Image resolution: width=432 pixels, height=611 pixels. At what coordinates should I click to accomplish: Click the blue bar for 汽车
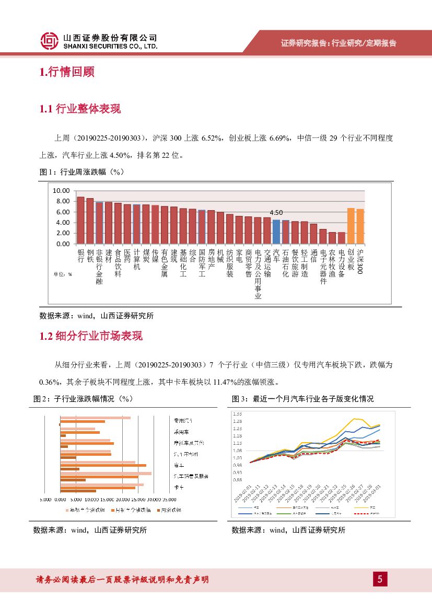tap(276, 232)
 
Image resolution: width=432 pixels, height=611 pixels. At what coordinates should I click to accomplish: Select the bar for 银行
tap(80, 220)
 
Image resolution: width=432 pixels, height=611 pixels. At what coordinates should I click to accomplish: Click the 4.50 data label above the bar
tap(276, 213)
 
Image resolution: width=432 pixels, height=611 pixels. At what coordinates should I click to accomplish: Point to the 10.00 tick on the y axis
tap(62, 190)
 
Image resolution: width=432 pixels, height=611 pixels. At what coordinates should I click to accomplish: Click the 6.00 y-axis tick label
tap(63, 212)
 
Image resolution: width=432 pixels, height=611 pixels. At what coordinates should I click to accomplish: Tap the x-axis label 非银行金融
tap(99, 266)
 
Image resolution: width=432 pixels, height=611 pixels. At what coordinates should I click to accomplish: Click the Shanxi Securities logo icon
tap(49, 41)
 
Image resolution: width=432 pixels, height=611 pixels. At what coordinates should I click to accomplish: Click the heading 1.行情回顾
tap(67, 72)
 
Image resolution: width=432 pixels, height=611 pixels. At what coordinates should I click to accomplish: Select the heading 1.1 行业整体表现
tap(80, 109)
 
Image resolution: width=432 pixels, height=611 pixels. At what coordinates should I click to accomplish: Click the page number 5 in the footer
tap(380, 579)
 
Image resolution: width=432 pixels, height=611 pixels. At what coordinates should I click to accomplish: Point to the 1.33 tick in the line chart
tap(238, 414)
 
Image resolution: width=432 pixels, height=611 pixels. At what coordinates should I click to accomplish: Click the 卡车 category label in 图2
tap(178, 487)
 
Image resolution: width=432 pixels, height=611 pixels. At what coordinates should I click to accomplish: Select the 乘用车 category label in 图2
tap(181, 432)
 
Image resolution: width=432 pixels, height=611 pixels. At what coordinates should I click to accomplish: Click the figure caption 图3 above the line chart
tap(302, 399)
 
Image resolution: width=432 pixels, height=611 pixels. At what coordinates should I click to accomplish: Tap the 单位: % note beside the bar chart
tap(62, 273)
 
